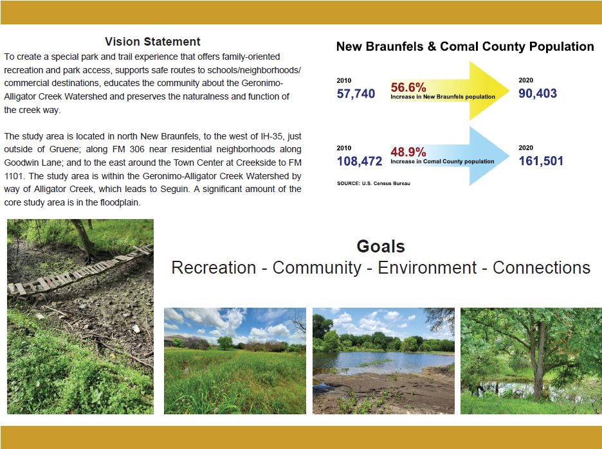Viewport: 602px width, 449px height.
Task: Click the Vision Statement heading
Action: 152,41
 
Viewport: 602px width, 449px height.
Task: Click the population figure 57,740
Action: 356,94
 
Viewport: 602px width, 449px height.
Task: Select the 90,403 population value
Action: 538,93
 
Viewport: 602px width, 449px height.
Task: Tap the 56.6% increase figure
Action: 408,87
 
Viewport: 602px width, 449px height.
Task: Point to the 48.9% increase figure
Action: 408,152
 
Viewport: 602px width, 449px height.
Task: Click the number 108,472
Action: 360,161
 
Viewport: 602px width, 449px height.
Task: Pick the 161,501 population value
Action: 541,161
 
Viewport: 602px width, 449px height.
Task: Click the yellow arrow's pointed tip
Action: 509,91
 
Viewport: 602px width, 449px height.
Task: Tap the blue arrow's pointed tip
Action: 509,155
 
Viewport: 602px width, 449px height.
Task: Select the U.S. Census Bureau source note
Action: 374,183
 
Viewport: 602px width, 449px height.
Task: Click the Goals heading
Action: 381,246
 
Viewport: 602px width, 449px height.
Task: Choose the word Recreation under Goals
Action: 214,268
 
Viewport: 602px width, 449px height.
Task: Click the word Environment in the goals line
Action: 427,268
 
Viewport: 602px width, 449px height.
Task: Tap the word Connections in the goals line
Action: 542,268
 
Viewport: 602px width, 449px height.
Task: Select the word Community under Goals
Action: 316,268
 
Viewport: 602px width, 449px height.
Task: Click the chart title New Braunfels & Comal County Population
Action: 465,46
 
